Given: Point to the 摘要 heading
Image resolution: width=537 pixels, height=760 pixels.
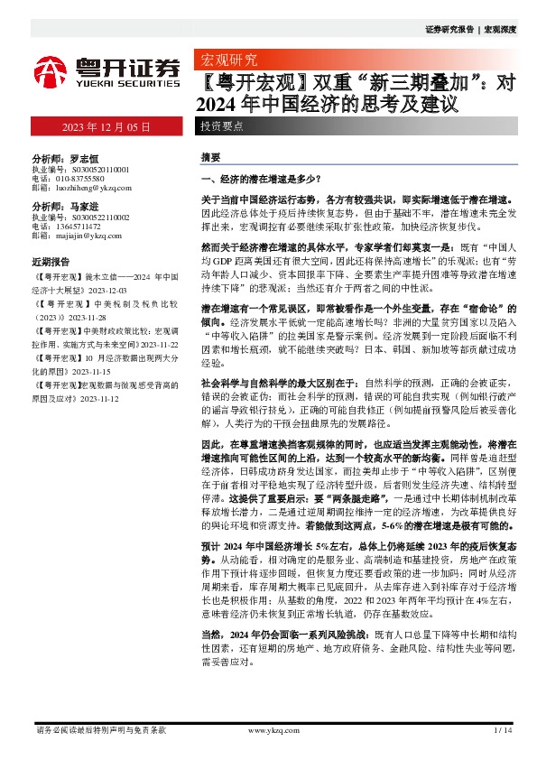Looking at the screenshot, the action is coord(210,156).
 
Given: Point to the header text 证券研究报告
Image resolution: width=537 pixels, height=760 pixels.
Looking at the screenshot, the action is coord(449,30).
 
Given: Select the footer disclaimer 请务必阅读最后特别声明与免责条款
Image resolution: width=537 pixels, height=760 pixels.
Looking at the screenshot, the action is coord(100,729).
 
